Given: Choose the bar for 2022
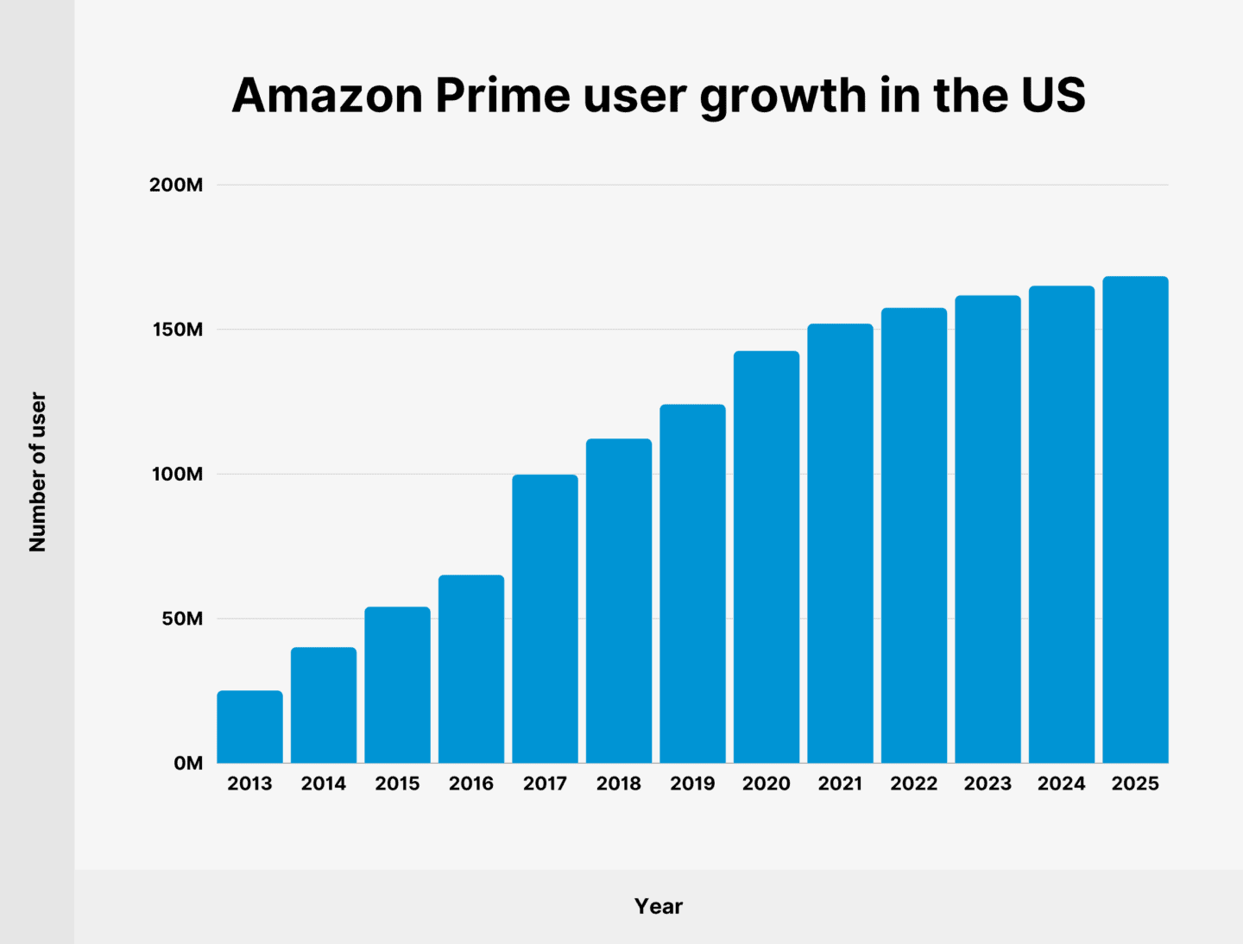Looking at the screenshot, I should (914, 535).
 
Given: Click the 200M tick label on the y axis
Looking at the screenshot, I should (176, 185).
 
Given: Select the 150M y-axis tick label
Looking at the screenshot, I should (176, 330).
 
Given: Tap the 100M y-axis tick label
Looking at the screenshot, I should (176, 474).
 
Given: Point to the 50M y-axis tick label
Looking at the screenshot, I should (181, 619).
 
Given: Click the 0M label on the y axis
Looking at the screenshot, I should (187, 764).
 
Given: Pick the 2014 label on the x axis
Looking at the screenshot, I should (324, 784).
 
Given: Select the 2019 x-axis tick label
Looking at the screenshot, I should (692, 784).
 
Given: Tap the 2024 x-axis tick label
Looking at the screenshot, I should (1061, 784).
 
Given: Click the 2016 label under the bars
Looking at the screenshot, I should (471, 784).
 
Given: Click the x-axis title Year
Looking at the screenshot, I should (658, 906).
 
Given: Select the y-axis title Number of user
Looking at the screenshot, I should (37, 472).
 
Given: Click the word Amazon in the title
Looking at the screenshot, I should (327, 95).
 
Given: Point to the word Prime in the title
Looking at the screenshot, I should (502, 95).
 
